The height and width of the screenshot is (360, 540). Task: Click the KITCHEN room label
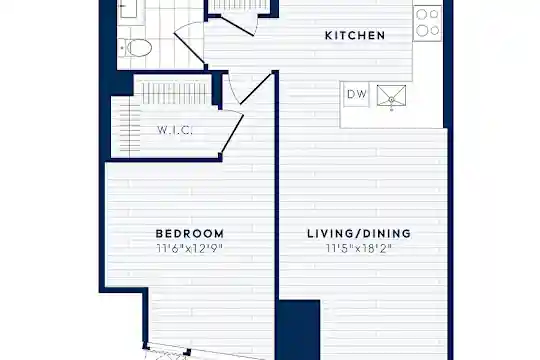tap(355, 35)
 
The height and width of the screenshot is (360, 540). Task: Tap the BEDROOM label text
tap(190, 234)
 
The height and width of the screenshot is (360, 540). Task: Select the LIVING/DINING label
tap(359, 234)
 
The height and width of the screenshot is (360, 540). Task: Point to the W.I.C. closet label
tap(174, 130)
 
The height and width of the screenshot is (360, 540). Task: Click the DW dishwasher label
tap(357, 94)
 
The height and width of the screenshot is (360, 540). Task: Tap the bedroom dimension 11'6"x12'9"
tap(190, 248)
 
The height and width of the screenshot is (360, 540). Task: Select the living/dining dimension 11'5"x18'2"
tap(359, 248)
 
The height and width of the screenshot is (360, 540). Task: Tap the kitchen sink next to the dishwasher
tap(391, 95)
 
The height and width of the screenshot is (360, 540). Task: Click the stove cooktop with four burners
tap(427, 23)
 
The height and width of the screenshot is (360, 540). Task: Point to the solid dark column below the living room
tap(299, 330)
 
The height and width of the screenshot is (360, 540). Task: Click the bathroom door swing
tap(190, 43)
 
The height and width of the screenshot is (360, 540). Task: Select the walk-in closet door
tap(232, 133)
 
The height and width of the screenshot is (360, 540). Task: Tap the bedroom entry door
tap(250, 89)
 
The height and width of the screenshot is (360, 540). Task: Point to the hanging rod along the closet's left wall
tap(130, 127)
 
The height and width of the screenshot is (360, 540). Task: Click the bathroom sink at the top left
tap(128, 8)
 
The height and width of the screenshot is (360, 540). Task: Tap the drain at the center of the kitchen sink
tap(391, 100)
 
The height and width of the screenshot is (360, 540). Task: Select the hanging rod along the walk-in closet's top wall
tap(175, 93)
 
